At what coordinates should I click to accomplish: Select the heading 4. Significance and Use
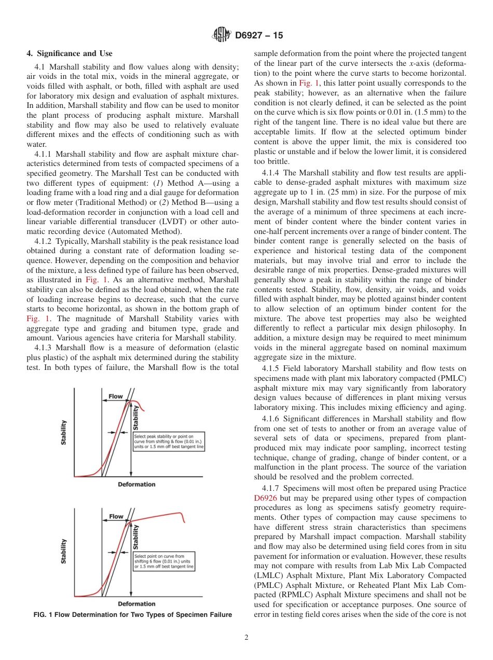tap(69, 53)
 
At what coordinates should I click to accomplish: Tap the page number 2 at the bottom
tap(246, 638)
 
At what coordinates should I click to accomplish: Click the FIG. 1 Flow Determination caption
tap(132, 615)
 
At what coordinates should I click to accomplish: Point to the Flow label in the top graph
tap(115, 396)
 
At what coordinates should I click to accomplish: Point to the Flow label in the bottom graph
tap(116, 516)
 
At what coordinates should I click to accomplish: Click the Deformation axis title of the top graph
tap(136, 484)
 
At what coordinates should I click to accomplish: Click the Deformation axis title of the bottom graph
tap(136, 603)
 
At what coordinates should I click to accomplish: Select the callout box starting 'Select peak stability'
tap(169, 442)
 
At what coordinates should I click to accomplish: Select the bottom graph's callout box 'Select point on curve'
tap(164, 561)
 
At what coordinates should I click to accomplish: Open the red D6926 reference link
tap(265, 498)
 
